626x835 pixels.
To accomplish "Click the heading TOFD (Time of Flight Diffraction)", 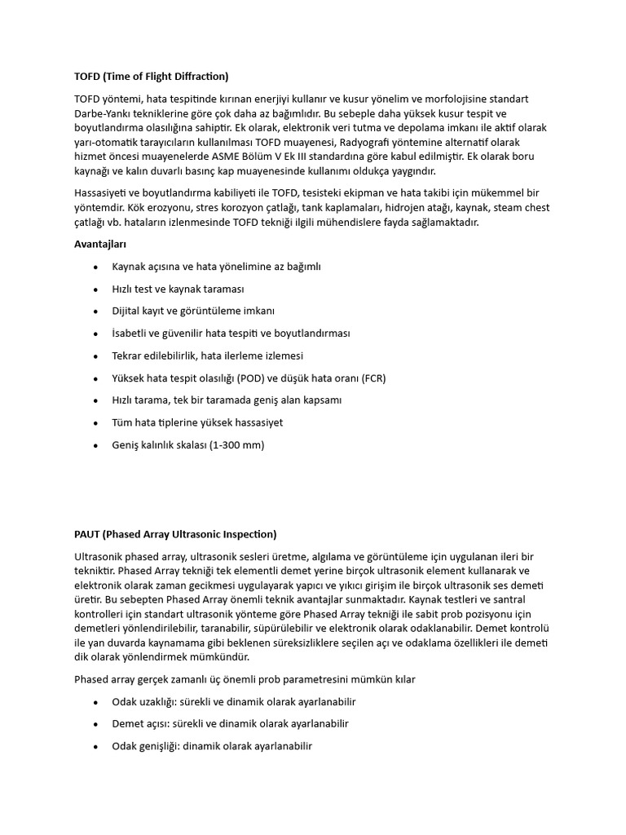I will click(152, 77).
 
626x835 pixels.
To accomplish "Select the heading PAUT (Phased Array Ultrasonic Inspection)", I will click(175, 534).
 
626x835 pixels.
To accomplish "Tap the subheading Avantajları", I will click(100, 243).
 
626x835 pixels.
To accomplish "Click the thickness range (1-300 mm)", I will click(232, 445).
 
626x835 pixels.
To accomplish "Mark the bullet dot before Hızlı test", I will click(96, 289).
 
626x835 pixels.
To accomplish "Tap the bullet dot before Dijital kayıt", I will click(96, 311).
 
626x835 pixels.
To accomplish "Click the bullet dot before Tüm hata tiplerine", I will click(96, 423).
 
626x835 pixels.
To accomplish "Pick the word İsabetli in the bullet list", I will click(132, 334).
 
